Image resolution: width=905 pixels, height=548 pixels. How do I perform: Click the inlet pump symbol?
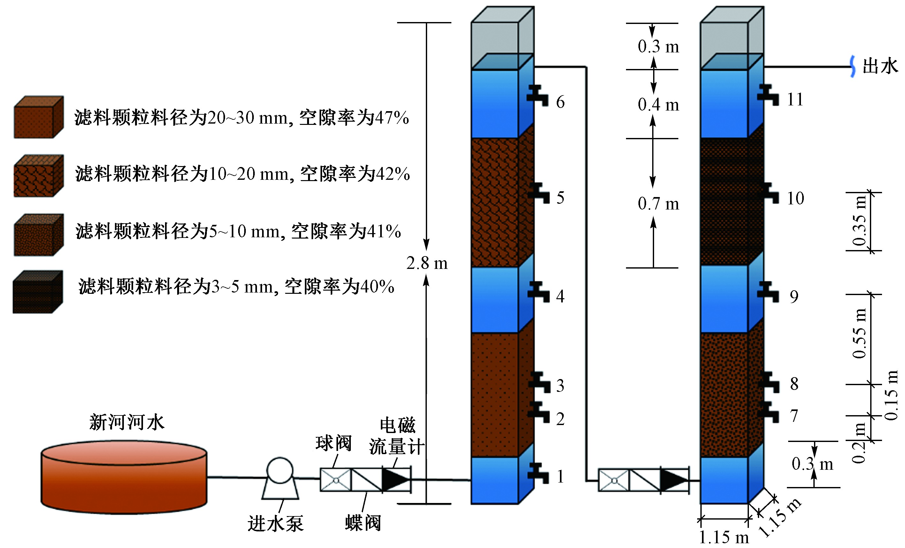(280, 478)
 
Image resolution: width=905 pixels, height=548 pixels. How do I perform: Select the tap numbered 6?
(537, 95)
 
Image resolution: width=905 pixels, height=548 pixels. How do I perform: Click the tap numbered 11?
(768, 95)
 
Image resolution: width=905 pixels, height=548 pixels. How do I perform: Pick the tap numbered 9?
(768, 292)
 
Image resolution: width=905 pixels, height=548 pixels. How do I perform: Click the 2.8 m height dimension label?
(427, 263)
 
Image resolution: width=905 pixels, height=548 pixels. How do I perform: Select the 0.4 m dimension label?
(658, 105)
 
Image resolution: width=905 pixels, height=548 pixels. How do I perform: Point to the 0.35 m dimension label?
(859, 221)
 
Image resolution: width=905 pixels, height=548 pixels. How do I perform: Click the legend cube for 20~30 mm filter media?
(39, 117)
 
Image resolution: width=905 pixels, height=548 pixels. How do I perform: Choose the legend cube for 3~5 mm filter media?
(37, 292)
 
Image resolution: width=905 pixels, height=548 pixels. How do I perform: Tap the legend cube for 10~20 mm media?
(39, 176)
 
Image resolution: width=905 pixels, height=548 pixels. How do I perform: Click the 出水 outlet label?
(880, 66)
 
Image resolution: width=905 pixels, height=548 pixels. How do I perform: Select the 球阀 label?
(334, 443)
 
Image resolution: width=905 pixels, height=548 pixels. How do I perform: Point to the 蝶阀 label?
(363, 523)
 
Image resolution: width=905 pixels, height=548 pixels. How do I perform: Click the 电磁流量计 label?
(397, 436)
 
